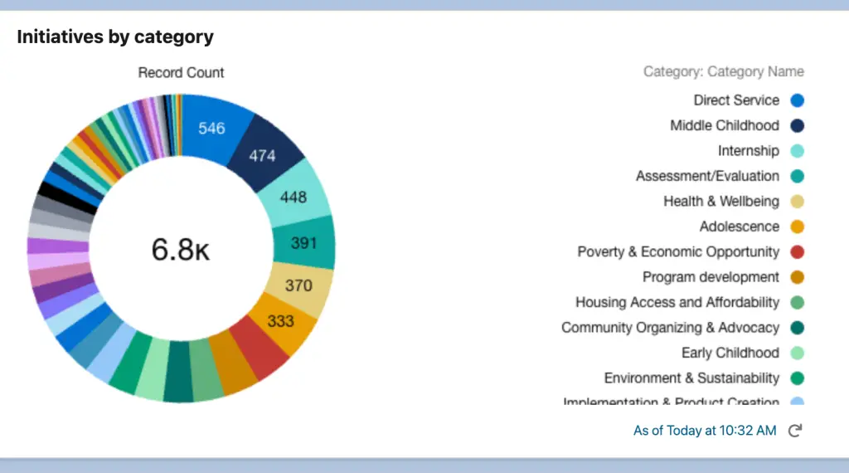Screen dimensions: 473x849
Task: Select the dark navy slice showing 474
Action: click(262, 154)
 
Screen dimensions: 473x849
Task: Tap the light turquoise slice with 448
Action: click(293, 197)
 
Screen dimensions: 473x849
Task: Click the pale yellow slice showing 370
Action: click(298, 285)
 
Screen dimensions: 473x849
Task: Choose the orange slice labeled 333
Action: click(281, 320)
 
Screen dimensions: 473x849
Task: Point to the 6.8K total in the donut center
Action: click(181, 249)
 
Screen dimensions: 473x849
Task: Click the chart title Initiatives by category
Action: click(115, 37)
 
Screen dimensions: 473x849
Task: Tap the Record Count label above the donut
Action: click(181, 73)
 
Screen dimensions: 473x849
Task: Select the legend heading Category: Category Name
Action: click(723, 71)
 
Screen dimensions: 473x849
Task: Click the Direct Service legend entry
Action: click(736, 100)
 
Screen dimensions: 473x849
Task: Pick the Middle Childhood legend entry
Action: click(725, 125)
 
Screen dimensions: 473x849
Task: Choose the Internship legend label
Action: click(748, 151)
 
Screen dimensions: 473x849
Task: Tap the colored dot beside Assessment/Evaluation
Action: click(798, 176)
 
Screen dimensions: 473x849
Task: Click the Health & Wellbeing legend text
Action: click(721, 202)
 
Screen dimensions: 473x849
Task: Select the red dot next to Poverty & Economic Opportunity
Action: click(798, 251)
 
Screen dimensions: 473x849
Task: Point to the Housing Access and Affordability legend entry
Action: click(677, 302)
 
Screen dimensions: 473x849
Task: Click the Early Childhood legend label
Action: click(730, 353)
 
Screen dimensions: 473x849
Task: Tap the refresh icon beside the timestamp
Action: click(794, 430)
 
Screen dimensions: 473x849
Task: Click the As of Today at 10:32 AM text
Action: click(705, 430)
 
